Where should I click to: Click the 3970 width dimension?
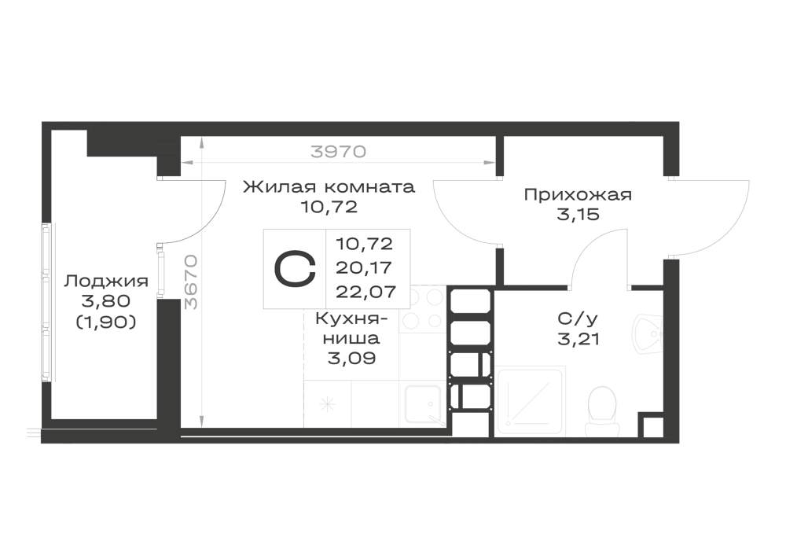point(338,151)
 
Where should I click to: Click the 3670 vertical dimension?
point(191,282)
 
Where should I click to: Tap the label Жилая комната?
point(329,187)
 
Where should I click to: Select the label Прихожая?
point(578,194)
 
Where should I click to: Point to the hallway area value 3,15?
point(578,215)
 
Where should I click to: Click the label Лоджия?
point(106,282)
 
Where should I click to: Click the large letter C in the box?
point(295,269)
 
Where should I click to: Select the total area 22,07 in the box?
point(365,291)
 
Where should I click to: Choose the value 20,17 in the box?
point(363,267)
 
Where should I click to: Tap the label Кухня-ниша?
point(351,328)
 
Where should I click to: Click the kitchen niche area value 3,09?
point(351,359)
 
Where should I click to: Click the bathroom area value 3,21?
point(578,340)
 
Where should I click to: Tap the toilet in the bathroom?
point(601,411)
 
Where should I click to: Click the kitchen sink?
point(424,404)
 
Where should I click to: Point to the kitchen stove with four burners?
point(423,307)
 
